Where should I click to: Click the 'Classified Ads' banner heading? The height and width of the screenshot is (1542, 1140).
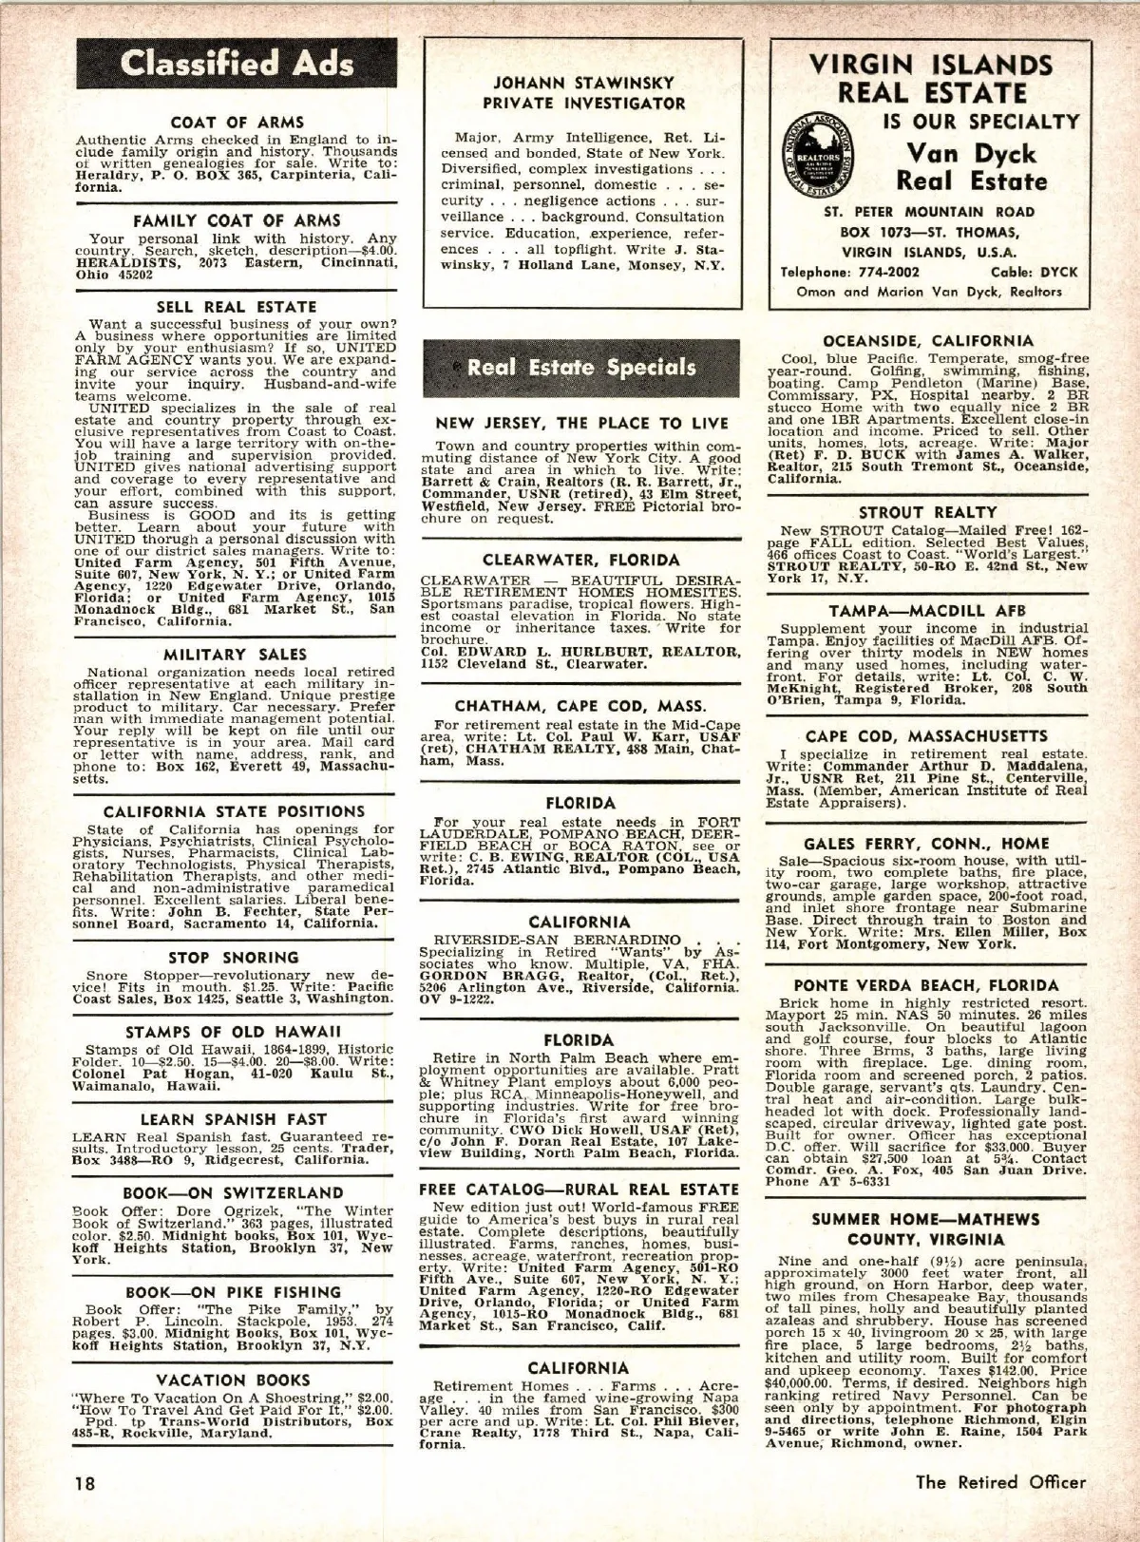[237, 64]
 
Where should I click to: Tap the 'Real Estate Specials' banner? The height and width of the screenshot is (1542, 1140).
[580, 368]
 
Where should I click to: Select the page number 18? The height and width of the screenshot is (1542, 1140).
[85, 1482]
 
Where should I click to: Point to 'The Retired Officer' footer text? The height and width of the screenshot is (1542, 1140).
[1000, 1481]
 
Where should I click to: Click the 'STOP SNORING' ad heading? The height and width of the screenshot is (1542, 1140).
[234, 958]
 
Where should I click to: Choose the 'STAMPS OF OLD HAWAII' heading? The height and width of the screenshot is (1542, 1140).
[234, 1032]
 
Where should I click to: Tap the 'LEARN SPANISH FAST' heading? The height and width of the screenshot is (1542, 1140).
[234, 1119]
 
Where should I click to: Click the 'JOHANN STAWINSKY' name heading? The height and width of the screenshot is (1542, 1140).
[583, 83]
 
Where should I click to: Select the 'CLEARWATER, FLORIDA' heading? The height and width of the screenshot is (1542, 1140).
[580, 561]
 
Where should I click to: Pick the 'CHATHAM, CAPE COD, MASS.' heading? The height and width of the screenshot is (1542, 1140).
[580, 706]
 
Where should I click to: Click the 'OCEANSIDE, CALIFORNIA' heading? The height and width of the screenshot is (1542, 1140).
[928, 340]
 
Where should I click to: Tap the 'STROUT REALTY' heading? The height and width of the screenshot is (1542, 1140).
[928, 513]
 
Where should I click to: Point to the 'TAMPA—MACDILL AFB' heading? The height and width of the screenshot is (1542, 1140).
[928, 610]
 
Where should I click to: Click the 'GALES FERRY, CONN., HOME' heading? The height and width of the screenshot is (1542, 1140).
[928, 843]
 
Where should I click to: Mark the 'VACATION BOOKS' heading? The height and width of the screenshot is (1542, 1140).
[234, 1380]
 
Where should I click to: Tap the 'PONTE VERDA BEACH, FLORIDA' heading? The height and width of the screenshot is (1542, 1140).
[928, 985]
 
